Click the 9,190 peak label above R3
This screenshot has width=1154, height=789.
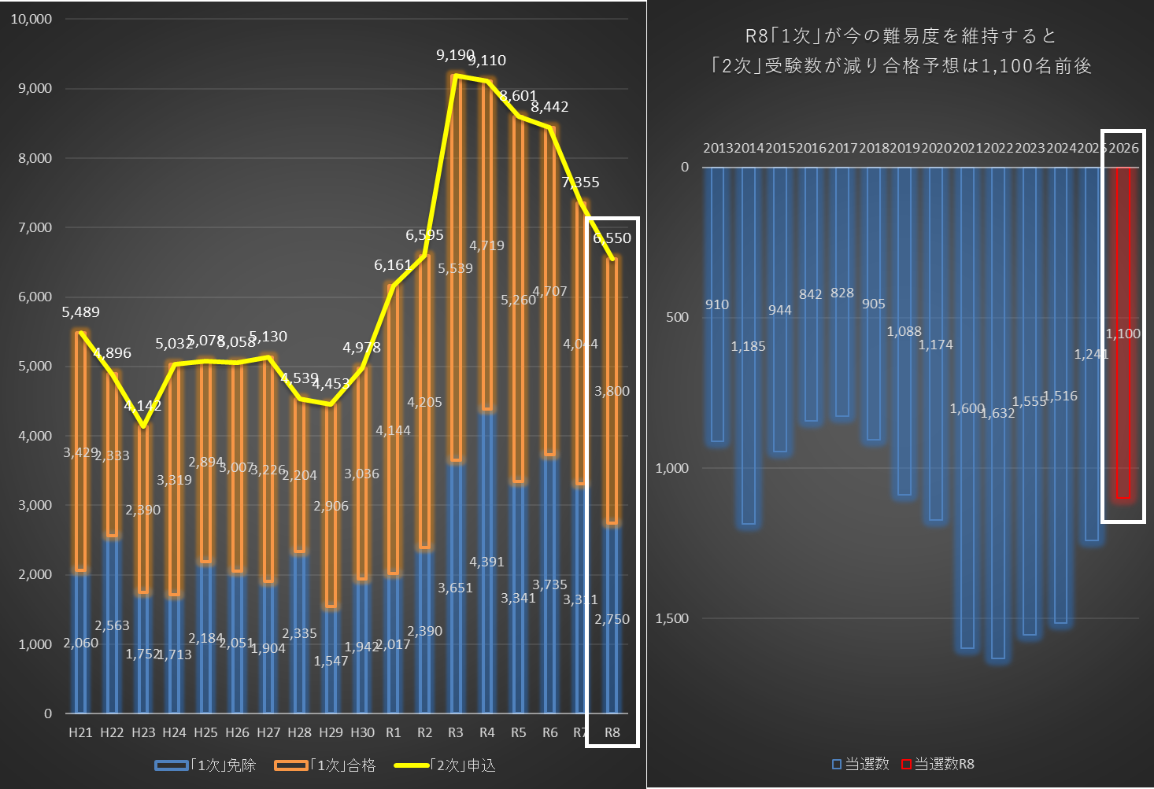[455, 55]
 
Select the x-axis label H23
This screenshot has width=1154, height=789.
[143, 732]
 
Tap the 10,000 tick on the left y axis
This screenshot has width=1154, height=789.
[31, 19]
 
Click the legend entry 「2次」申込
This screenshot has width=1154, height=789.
[463, 765]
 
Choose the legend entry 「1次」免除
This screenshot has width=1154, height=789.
[224, 765]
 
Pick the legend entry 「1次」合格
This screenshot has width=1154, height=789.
[343, 765]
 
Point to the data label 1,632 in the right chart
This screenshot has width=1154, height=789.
[997, 413]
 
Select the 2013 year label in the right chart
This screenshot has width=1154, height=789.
[718, 148]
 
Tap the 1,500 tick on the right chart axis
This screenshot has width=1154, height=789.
[671, 618]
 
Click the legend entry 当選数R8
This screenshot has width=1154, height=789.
[944, 764]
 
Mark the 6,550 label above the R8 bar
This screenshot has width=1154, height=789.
[612, 238]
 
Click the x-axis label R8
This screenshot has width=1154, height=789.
[612, 732]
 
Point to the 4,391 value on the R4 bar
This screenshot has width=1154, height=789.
[486, 562]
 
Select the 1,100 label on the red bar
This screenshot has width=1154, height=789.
[1123, 334]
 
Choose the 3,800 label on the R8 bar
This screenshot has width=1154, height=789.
[612, 391]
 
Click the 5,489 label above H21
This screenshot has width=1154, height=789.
[81, 312]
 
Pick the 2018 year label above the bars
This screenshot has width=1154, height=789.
[874, 148]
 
